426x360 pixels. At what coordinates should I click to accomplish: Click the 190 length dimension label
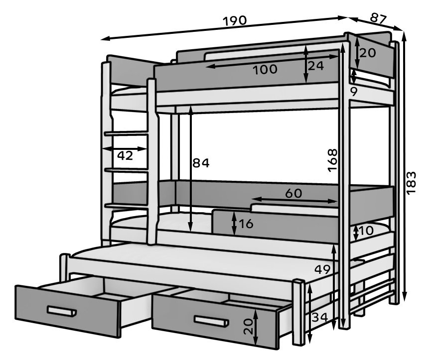(235, 20)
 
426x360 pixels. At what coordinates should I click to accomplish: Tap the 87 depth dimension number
(378, 18)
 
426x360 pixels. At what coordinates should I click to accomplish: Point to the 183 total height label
(412, 182)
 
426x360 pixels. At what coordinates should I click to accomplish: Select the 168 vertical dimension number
(332, 160)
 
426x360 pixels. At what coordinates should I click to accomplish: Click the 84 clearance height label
(201, 163)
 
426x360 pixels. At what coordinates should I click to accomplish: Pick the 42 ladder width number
(125, 155)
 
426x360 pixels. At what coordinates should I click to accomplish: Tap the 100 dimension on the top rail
(265, 69)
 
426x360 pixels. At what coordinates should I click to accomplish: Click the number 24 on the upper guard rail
(316, 66)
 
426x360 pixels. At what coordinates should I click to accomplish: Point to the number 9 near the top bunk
(354, 92)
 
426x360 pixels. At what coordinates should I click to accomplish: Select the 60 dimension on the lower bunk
(293, 193)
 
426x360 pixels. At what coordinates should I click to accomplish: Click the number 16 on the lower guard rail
(246, 224)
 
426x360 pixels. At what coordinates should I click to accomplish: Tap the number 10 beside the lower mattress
(366, 231)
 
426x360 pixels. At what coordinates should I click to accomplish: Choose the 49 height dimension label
(322, 269)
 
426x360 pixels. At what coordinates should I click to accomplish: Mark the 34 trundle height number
(320, 317)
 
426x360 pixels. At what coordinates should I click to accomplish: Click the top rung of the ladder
(127, 133)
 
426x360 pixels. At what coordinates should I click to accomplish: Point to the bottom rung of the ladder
(127, 206)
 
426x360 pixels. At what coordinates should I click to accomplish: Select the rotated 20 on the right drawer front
(248, 326)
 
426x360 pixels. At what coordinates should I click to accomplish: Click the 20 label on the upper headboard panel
(368, 53)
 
